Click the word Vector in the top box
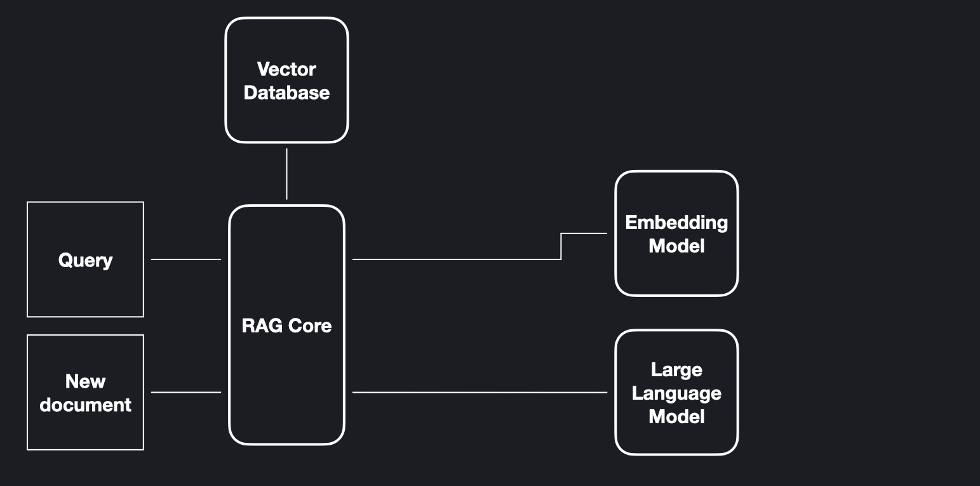286,69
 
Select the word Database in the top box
286,93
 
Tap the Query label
85,260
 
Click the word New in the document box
85,381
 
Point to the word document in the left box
85,405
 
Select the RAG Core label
286,325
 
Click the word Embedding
676,222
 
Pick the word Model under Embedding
676,246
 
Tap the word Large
676,369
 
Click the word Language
676,393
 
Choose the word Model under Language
676,417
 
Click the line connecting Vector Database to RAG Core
286,174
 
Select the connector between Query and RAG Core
186,259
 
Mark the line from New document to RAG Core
186,392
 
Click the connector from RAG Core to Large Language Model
480,392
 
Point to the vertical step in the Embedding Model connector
561,246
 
